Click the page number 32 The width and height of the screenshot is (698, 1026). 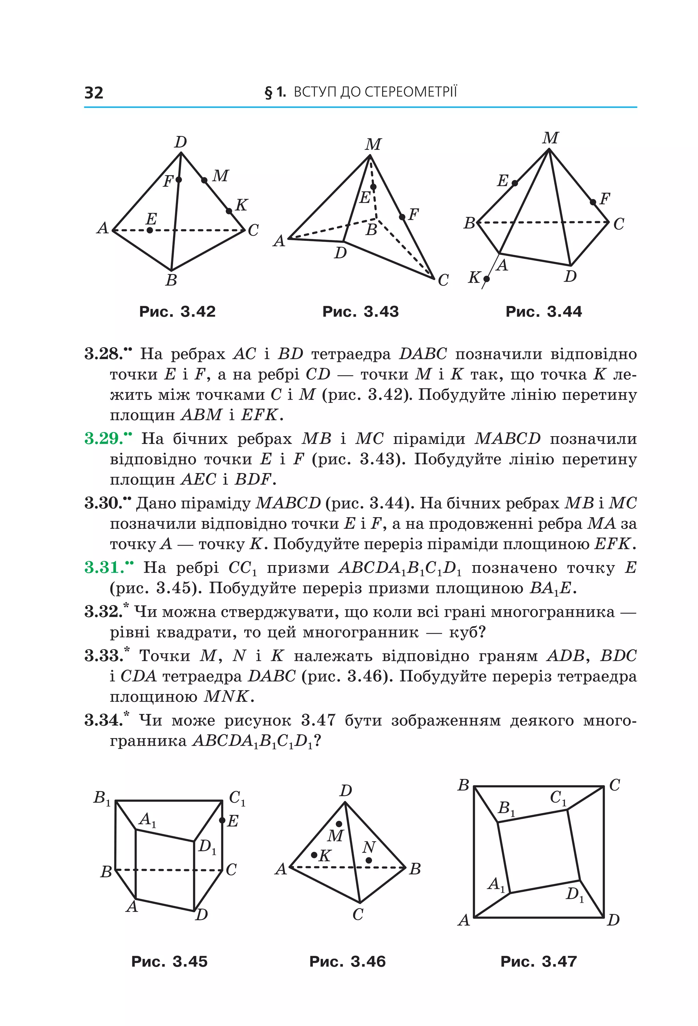click(x=94, y=93)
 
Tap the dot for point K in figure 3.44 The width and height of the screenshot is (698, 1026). click(x=486, y=279)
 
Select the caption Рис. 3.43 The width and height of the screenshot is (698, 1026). click(x=360, y=312)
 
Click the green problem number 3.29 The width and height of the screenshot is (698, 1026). click(x=105, y=439)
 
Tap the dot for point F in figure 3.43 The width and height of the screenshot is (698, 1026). click(x=402, y=217)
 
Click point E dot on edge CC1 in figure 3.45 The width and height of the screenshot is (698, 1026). click(x=222, y=820)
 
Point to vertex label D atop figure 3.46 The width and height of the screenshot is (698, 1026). click(x=346, y=791)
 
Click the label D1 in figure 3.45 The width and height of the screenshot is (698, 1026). click(x=207, y=847)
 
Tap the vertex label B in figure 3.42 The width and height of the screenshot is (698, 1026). click(x=171, y=280)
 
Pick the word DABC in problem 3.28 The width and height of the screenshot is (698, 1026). click(x=423, y=354)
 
